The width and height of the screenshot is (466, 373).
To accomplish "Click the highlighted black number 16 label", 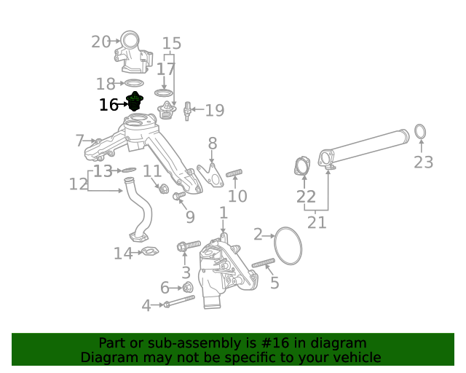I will tap(108, 105).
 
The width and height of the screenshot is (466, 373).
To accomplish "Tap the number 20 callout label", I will tap(100, 42).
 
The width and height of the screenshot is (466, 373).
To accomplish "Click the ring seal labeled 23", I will tap(420, 131).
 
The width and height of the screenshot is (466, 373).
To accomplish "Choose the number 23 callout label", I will tap(423, 162).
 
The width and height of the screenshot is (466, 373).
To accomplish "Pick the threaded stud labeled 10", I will tap(234, 173).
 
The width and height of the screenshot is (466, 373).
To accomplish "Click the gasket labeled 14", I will tap(149, 253).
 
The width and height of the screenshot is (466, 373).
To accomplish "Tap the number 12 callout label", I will tap(78, 184).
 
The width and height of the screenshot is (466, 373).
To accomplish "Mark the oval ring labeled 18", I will tap(133, 83).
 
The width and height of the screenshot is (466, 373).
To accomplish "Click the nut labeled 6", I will tap(187, 287).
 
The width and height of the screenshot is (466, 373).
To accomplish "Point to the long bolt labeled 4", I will tap(179, 301).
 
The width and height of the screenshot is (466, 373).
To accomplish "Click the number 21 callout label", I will tap(317, 222).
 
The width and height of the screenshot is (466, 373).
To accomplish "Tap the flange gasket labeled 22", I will tap(301, 167).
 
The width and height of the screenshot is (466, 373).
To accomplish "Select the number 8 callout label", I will tap(212, 143).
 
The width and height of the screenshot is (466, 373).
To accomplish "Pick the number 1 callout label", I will tap(224, 213).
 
